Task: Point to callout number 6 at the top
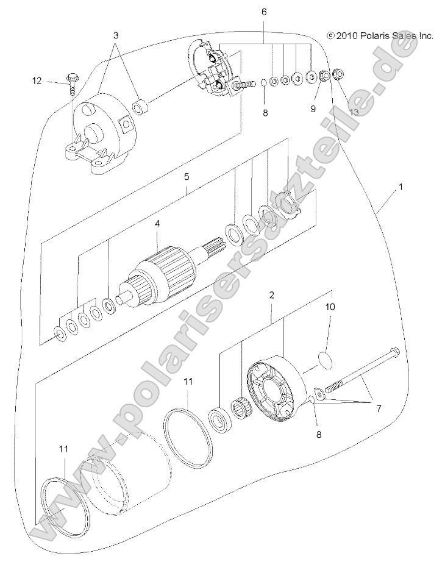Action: pyautogui.click(x=263, y=12)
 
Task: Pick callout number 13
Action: pyautogui.click(x=354, y=112)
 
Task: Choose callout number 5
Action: pyautogui.click(x=187, y=177)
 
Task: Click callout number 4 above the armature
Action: pyautogui.click(x=157, y=224)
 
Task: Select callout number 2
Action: pyautogui.click(x=271, y=295)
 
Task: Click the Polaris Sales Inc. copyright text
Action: pyautogui.click(x=380, y=36)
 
